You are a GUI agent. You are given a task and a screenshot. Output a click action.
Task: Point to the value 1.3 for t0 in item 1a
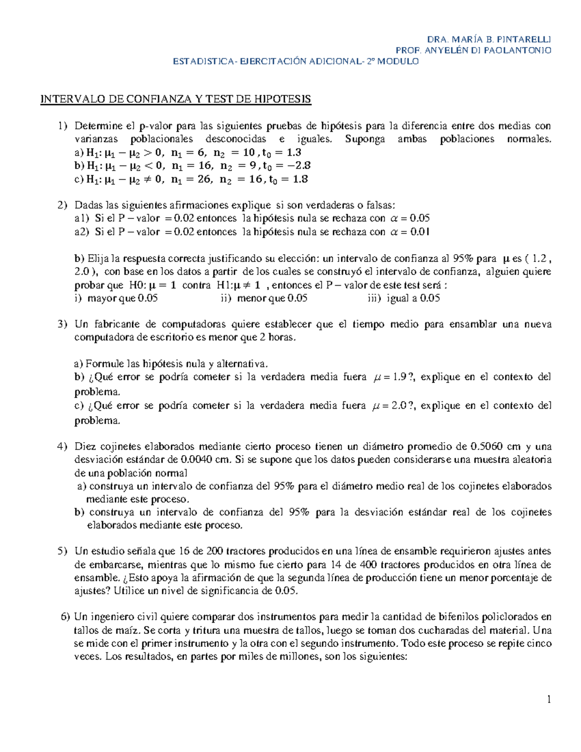(293, 153)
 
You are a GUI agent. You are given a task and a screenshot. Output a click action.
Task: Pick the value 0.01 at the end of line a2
(420, 232)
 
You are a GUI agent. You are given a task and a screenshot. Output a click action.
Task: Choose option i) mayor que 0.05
(116, 298)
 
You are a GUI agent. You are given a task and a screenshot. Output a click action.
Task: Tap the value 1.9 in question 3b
(398, 377)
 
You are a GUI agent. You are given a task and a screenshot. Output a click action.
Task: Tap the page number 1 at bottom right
(549, 699)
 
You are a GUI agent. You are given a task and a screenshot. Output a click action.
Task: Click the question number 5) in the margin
(62, 551)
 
